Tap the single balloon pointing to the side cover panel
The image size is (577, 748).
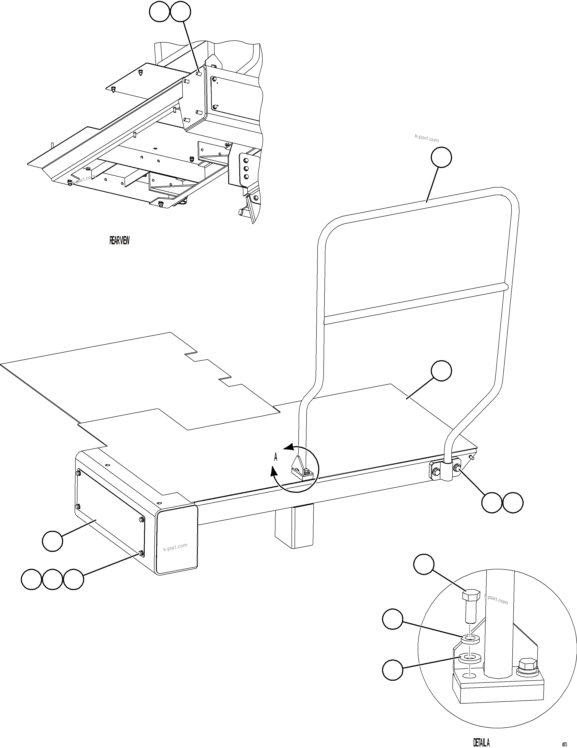point(52,541)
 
